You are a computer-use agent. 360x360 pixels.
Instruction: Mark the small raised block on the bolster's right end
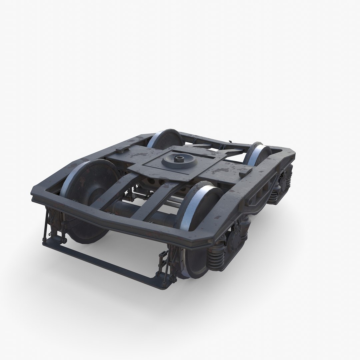point(245,171)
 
